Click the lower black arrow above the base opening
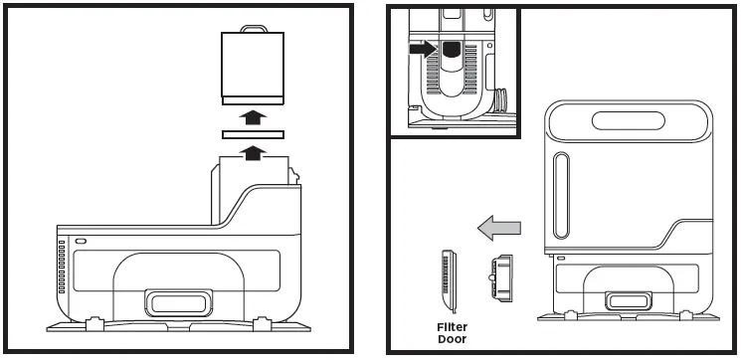254,151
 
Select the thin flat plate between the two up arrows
253,134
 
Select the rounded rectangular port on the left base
179,301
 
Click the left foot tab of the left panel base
95,322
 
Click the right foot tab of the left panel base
263,322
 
